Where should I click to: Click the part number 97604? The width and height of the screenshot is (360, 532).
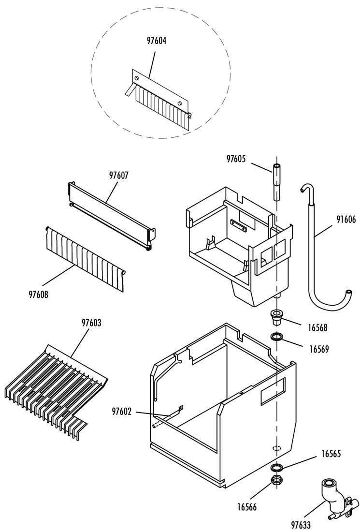pyautogui.click(x=156, y=41)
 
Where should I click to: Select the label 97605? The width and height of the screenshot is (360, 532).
pyautogui.click(x=236, y=159)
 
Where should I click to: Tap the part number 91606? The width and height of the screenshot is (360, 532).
pyautogui.click(x=346, y=219)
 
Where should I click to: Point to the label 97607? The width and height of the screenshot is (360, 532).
pyautogui.click(x=119, y=175)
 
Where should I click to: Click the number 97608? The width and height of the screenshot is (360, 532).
pyautogui.click(x=38, y=295)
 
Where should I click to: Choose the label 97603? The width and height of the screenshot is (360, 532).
pyautogui.click(x=91, y=323)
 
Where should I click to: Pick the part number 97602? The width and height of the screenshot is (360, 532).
pyautogui.click(x=122, y=412)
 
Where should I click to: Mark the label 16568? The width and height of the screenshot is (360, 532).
pyautogui.click(x=317, y=328)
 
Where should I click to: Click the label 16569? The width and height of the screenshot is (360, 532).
pyautogui.click(x=318, y=349)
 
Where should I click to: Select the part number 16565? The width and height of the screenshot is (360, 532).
pyautogui.click(x=331, y=454)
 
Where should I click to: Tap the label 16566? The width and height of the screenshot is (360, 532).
pyautogui.click(x=247, y=507)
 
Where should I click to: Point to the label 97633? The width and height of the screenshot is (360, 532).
pyautogui.click(x=301, y=525)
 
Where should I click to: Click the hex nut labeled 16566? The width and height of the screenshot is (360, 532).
pyautogui.click(x=277, y=479)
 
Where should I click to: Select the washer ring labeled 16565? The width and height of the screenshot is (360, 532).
pyautogui.click(x=276, y=468)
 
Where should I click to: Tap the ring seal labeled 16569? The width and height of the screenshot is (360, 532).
pyautogui.click(x=276, y=337)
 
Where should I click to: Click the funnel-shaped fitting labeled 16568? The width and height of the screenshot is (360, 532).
pyautogui.click(x=277, y=316)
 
